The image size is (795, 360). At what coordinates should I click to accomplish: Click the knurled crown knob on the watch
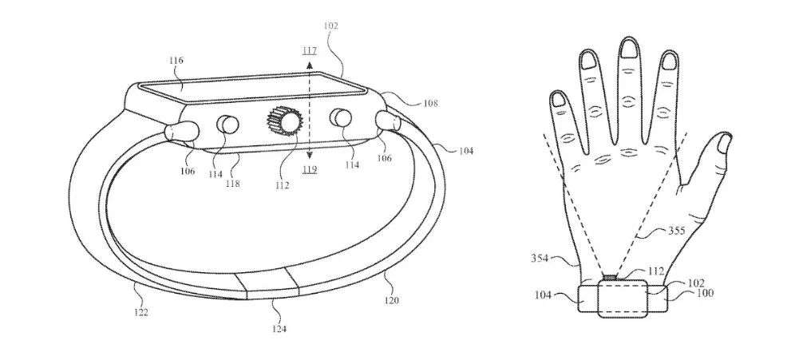tap(284, 121)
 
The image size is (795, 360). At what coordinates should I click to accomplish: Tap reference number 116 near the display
tap(176, 61)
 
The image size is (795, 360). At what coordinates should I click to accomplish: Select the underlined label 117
tap(309, 50)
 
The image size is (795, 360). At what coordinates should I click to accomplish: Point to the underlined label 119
tap(310, 169)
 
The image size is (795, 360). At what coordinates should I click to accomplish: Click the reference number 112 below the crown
tap(283, 185)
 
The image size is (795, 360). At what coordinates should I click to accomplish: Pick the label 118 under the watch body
tap(233, 184)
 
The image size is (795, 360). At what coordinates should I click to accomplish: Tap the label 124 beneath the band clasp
tap(279, 329)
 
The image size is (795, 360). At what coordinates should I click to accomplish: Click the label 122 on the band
tap(141, 313)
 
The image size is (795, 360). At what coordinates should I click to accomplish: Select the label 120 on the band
tap(391, 300)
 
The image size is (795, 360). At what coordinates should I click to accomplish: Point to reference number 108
tap(430, 104)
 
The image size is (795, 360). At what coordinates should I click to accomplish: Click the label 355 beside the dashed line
tap(677, 231)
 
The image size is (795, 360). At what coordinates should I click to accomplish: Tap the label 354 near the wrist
tap(540, 258)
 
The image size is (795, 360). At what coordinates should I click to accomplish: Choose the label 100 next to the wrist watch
tap(706, 293)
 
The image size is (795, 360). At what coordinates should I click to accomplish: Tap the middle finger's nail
tap(629, 49)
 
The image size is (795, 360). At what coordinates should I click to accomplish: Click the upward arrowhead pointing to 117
tap(310, 65)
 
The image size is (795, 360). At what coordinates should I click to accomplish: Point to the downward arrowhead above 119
tap(310, 155)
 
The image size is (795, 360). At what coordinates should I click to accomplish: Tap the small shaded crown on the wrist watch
tap(610, 277)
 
